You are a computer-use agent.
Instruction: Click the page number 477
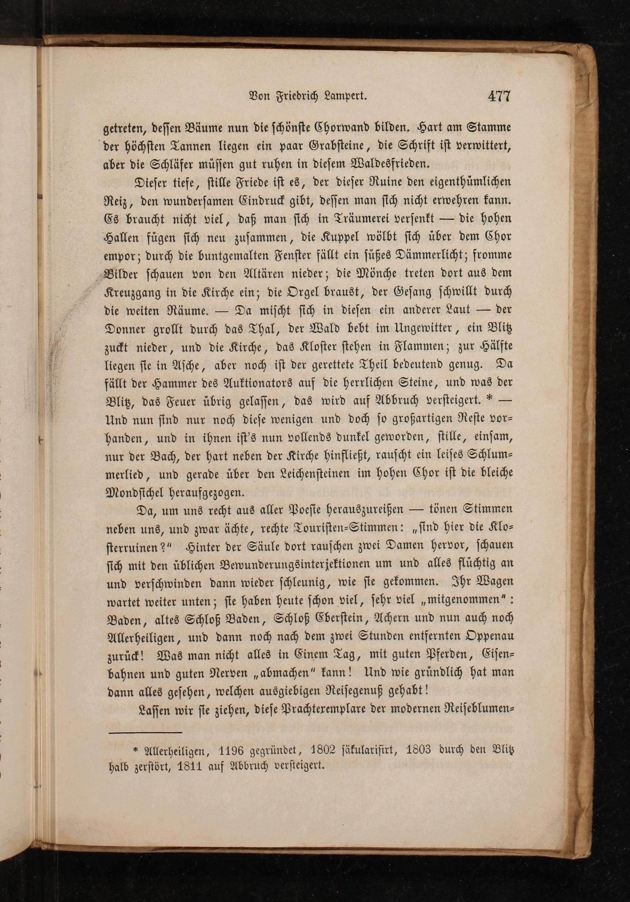pos(499,97)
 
